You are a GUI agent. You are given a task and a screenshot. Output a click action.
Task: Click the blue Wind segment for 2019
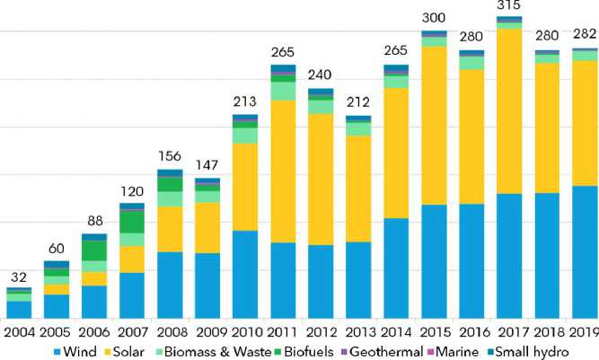point(585,252)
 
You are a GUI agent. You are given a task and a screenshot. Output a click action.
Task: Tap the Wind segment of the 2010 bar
point(245,275)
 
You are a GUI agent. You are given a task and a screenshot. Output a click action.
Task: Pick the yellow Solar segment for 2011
point(284,171)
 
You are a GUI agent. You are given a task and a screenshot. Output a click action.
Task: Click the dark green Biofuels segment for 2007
point(132,221)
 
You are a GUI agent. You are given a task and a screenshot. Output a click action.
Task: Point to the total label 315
point(509,7)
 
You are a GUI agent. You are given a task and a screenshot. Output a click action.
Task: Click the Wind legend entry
point(86,351)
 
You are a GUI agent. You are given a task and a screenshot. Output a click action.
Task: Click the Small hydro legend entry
point(531,351)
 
